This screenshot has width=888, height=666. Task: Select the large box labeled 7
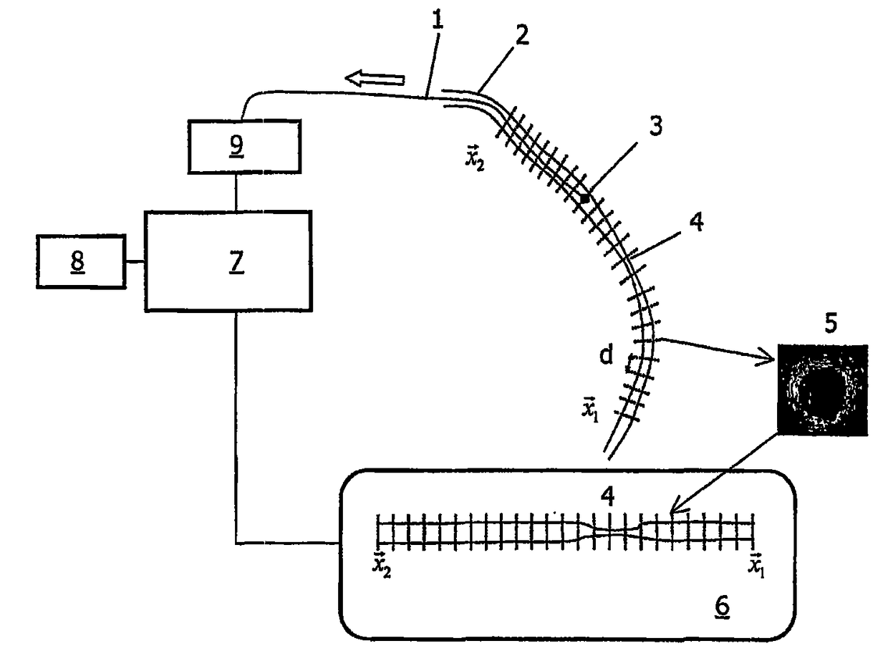(228, 261)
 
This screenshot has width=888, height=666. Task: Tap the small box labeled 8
(81, 261)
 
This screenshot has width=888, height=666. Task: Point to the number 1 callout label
(437, 21)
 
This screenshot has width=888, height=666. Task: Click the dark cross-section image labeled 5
(822, 390)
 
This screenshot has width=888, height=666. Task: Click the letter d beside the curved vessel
(606, 356)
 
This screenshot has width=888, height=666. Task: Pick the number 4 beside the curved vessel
(695, 223)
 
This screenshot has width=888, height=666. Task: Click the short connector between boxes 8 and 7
(135, 262)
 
